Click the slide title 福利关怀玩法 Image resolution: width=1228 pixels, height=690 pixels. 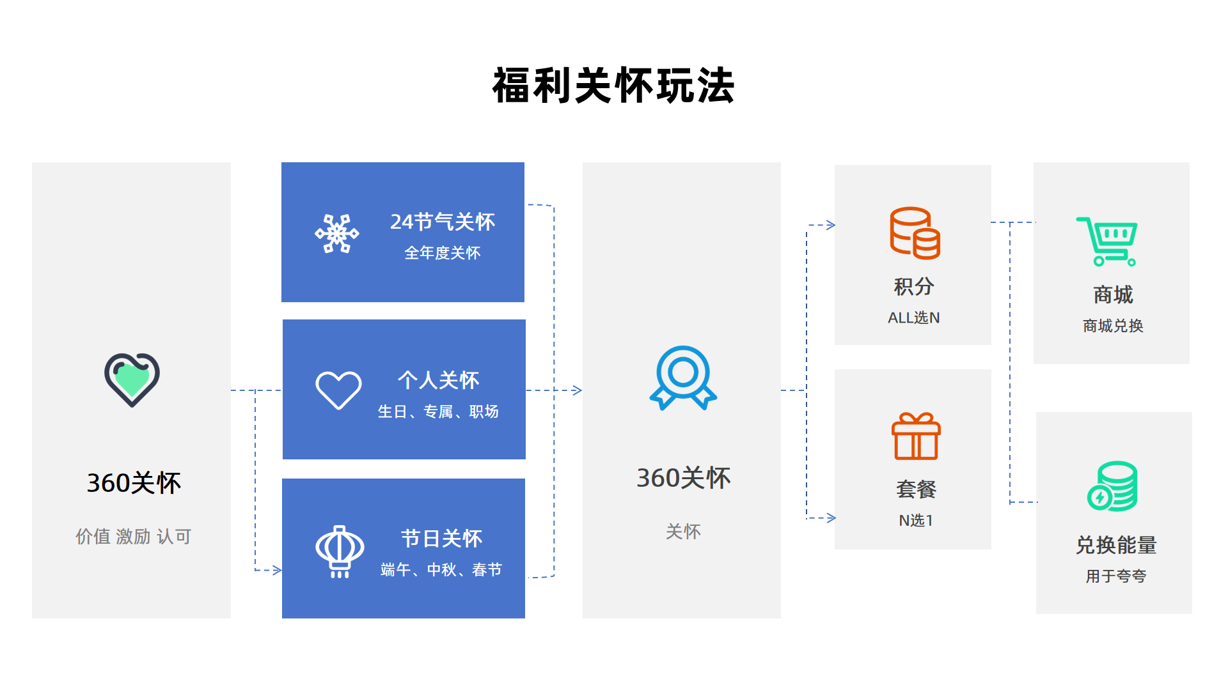[x=613, y=86]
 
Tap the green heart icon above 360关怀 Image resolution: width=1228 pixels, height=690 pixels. [x=132, y=379]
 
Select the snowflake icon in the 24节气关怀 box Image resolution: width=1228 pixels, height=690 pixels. [x=337, y=233]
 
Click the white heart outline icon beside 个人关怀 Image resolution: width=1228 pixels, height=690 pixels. [x=338, y=390]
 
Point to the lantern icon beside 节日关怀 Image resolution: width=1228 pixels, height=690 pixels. [x=340, y=551]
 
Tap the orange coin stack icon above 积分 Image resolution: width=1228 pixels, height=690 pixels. [x=915, y=233]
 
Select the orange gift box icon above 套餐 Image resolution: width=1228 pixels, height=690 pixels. [x=916, y=436]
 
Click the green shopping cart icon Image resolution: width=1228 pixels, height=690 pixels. [x=1106, y=241]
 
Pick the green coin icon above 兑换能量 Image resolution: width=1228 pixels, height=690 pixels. [x=1112, y=486]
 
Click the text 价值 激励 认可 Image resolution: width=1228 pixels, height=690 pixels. [x=133, y=536]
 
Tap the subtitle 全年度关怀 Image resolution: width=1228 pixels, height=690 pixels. [x=442, y=253]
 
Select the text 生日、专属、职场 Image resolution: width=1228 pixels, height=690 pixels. [x=438, y=411]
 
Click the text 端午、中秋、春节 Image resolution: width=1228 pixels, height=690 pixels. [x=441, y=569]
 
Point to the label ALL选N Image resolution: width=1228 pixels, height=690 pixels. [x=913, y=318]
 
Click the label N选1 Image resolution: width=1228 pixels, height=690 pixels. [x=916, y=520]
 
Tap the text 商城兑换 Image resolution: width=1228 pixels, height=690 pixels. [x=1113, y=326]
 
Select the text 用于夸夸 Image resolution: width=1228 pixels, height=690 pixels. [x=1115, y=576]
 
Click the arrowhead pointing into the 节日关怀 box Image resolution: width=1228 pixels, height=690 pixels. [x=278, y=570]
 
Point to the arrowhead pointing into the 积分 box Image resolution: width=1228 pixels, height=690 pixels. [x=831, y=225]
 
